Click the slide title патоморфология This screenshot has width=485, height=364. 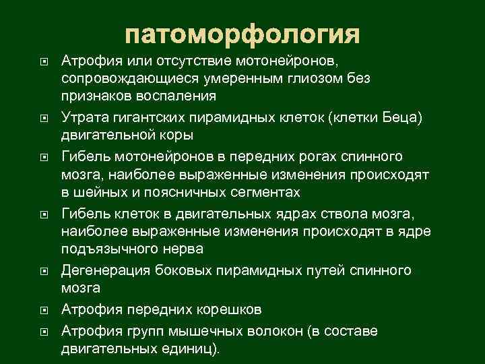point(243,34)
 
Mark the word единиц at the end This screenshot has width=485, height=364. point(194,349)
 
